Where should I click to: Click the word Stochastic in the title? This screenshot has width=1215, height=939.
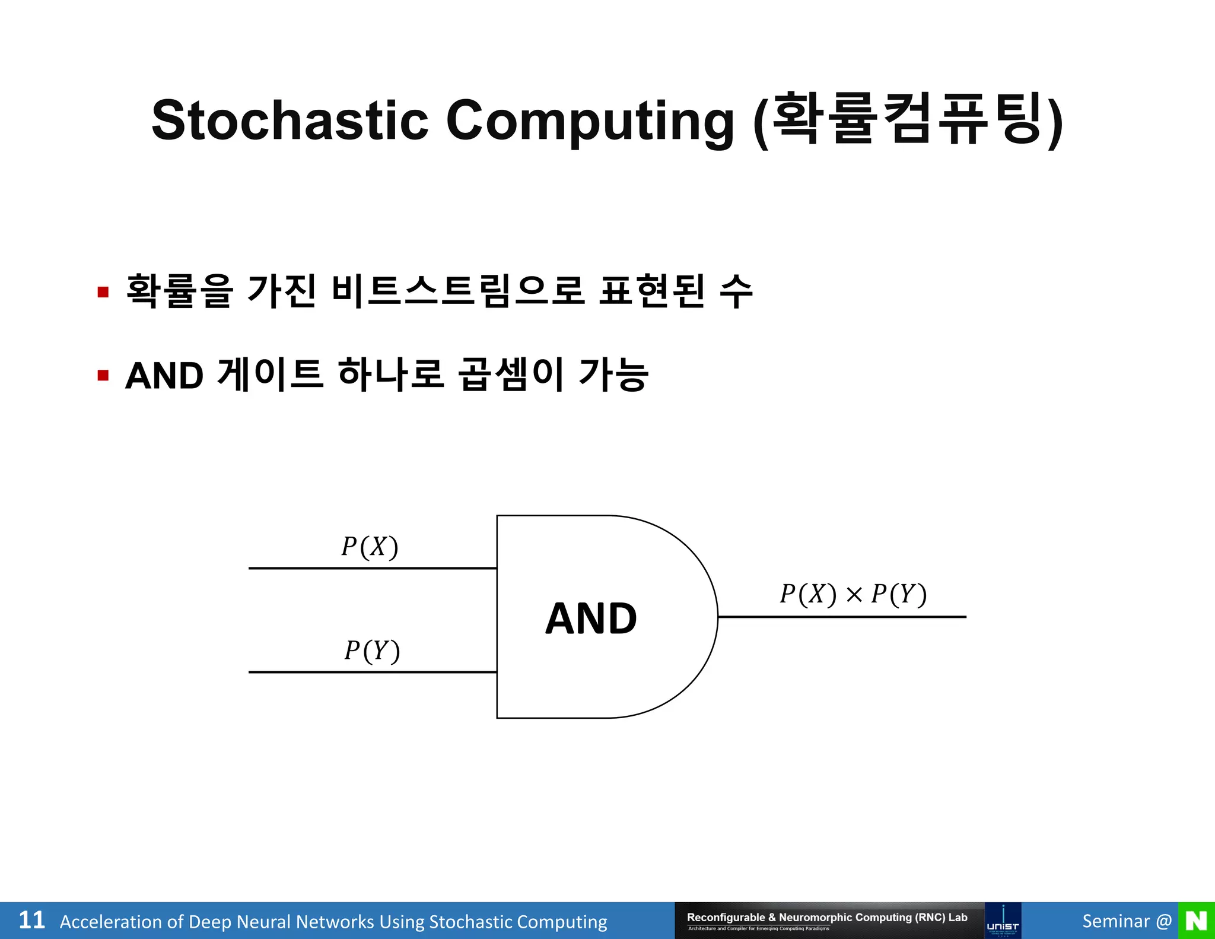290,120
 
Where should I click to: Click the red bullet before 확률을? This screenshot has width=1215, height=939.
103,292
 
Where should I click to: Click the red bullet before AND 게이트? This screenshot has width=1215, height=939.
103,376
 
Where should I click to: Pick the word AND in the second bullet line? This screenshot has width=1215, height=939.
164,376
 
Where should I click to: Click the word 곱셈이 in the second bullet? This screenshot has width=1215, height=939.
511,375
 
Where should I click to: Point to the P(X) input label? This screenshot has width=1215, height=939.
369,546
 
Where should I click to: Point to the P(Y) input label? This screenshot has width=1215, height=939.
372,651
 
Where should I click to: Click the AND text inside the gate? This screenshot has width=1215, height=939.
591,618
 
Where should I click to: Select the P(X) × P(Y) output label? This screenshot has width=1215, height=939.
853,594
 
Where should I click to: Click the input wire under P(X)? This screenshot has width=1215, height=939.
372,568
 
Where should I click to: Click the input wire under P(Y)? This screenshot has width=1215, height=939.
372,672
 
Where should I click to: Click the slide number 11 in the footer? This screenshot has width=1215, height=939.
31,921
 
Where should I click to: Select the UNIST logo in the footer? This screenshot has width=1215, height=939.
1003,921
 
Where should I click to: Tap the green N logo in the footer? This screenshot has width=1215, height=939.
1196,921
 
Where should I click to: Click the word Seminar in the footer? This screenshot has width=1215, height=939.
1115,921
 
